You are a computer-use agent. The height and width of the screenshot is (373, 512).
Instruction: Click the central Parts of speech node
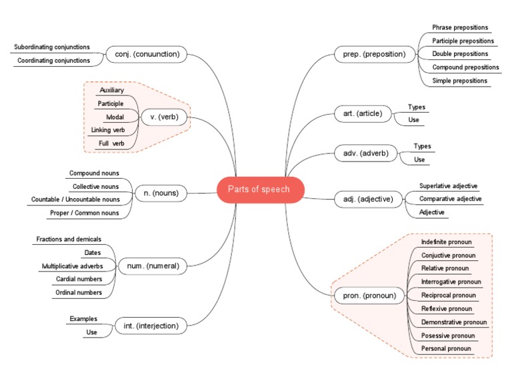coord(260,190)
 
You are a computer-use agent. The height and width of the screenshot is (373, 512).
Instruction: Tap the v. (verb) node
coord(164,117)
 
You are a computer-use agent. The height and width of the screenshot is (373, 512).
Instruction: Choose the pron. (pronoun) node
coord(369,295)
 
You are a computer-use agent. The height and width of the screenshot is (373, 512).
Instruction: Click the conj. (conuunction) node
coord(147,54)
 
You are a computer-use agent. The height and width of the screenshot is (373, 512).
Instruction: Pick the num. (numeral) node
coord(153,266)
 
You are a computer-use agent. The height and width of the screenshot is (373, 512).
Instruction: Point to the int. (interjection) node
coord(151,326)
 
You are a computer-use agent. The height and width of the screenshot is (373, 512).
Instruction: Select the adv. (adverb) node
coord(365,153)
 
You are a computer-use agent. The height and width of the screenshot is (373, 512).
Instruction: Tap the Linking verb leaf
coord(107,129)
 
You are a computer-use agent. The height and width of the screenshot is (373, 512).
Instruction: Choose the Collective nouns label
coord(96,186)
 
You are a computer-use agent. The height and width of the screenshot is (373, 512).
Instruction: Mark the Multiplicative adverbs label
coord(72,266)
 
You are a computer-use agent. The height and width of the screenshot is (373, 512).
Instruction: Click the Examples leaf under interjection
coord(83,319)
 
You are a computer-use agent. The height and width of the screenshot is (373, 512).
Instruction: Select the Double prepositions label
coord(460,54)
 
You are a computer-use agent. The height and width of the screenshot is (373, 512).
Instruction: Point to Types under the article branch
coord(417,107)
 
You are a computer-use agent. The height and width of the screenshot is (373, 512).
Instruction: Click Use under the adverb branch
coord(419,159)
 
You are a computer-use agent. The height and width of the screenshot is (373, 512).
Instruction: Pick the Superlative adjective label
coord(448,185)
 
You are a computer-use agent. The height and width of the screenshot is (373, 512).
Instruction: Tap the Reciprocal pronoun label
coord(448,295)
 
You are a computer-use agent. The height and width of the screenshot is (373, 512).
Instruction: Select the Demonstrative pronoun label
coord(453,322)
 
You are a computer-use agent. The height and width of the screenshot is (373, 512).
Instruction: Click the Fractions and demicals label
coord(69,239)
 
